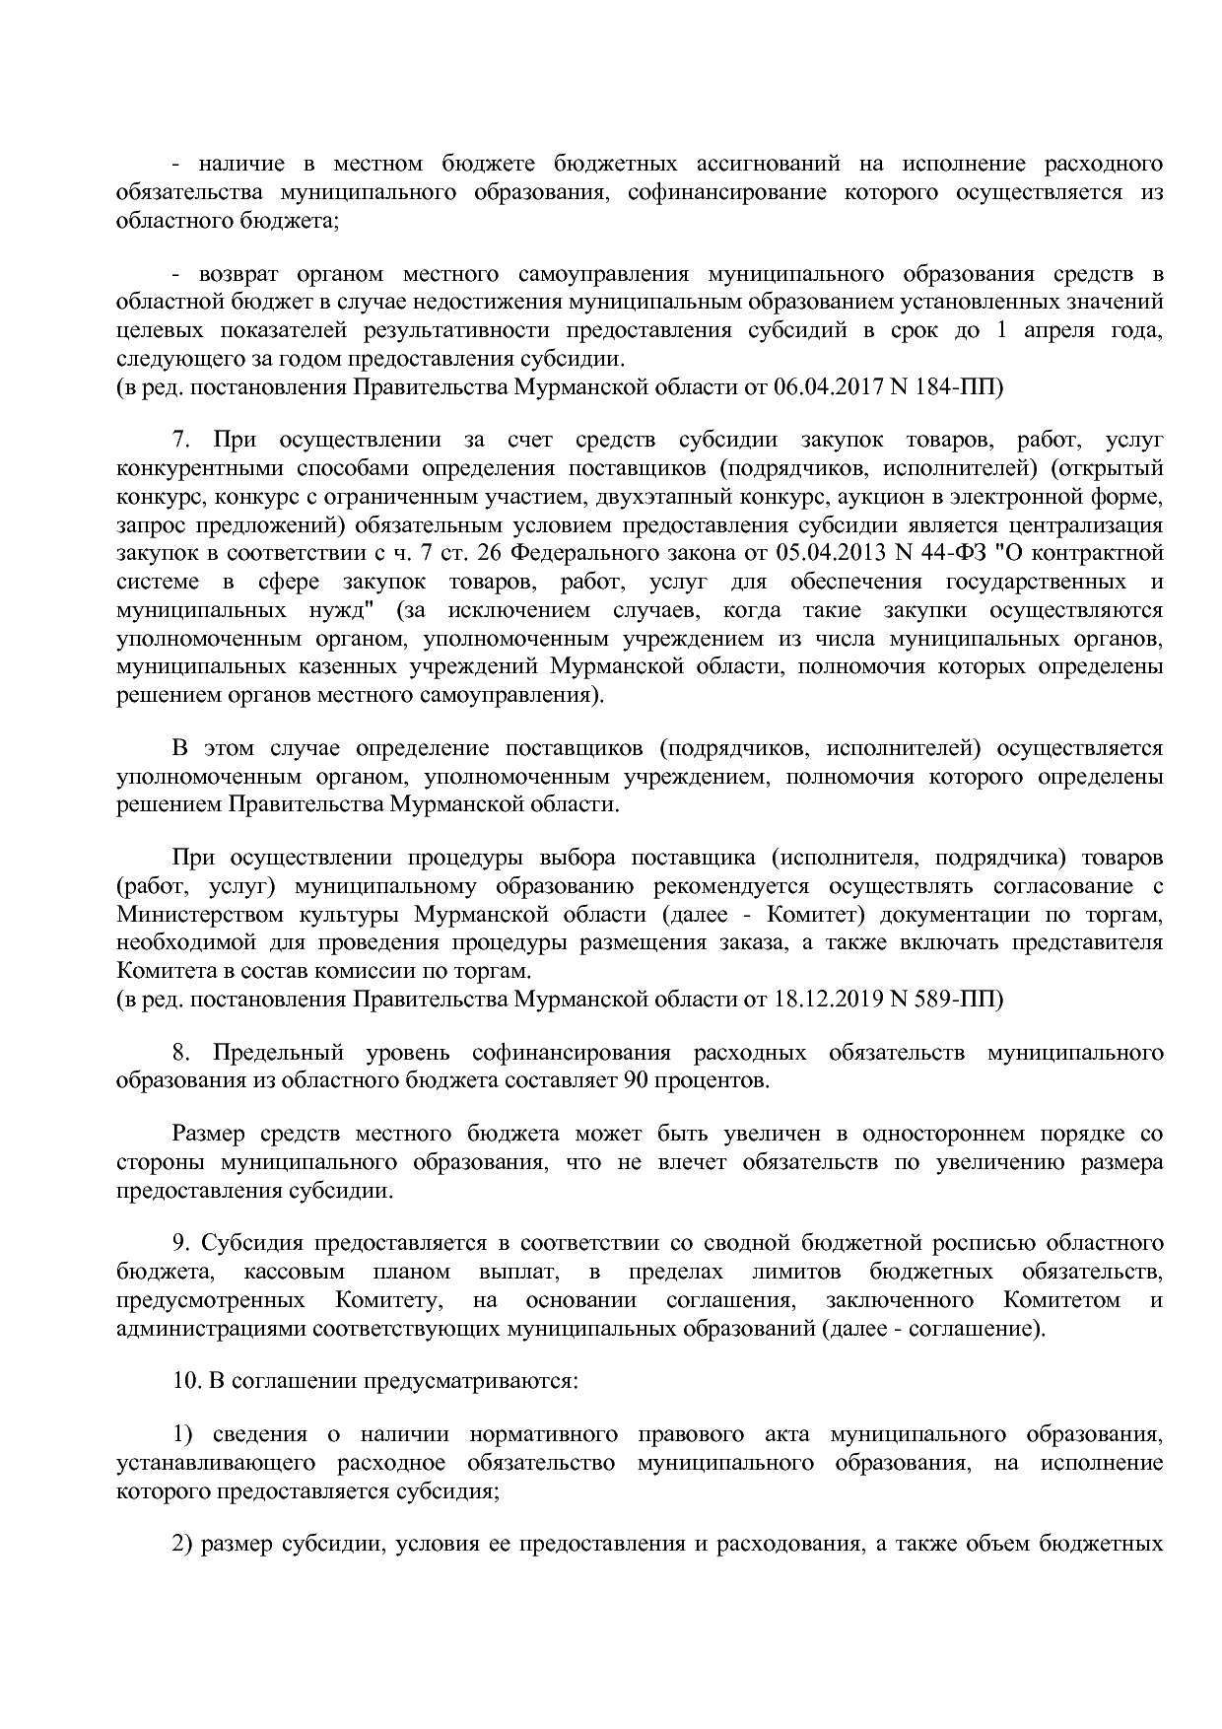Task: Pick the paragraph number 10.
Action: (x=186, y=1381)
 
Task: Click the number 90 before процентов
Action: (x=636, y=1080)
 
